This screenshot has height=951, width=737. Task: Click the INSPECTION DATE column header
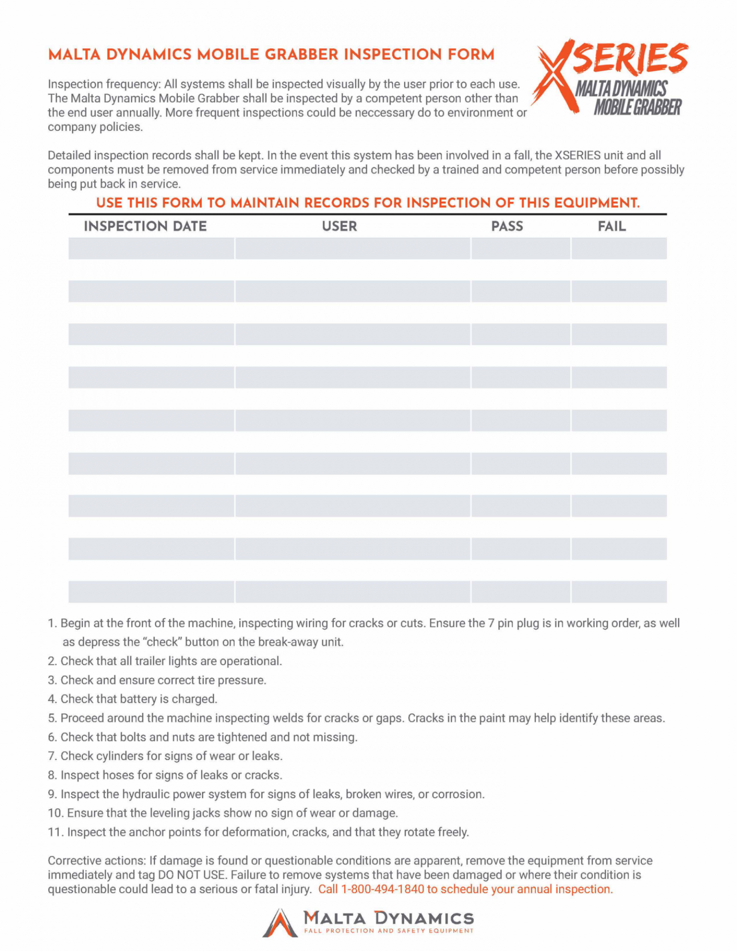click(145, 226)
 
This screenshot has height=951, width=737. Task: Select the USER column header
click(339, 226)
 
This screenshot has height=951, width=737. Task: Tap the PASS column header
click(507, 226)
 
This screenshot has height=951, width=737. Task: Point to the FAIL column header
click(611, 226)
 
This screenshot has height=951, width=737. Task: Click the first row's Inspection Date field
click(151, 248)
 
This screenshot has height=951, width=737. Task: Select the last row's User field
click(352, 592)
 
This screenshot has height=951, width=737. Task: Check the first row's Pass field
click(521, 248)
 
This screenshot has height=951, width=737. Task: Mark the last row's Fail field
click(619, 592)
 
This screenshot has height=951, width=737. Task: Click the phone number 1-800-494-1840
click(382, 889)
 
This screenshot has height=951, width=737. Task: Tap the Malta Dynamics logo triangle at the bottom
click(280, 923)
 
